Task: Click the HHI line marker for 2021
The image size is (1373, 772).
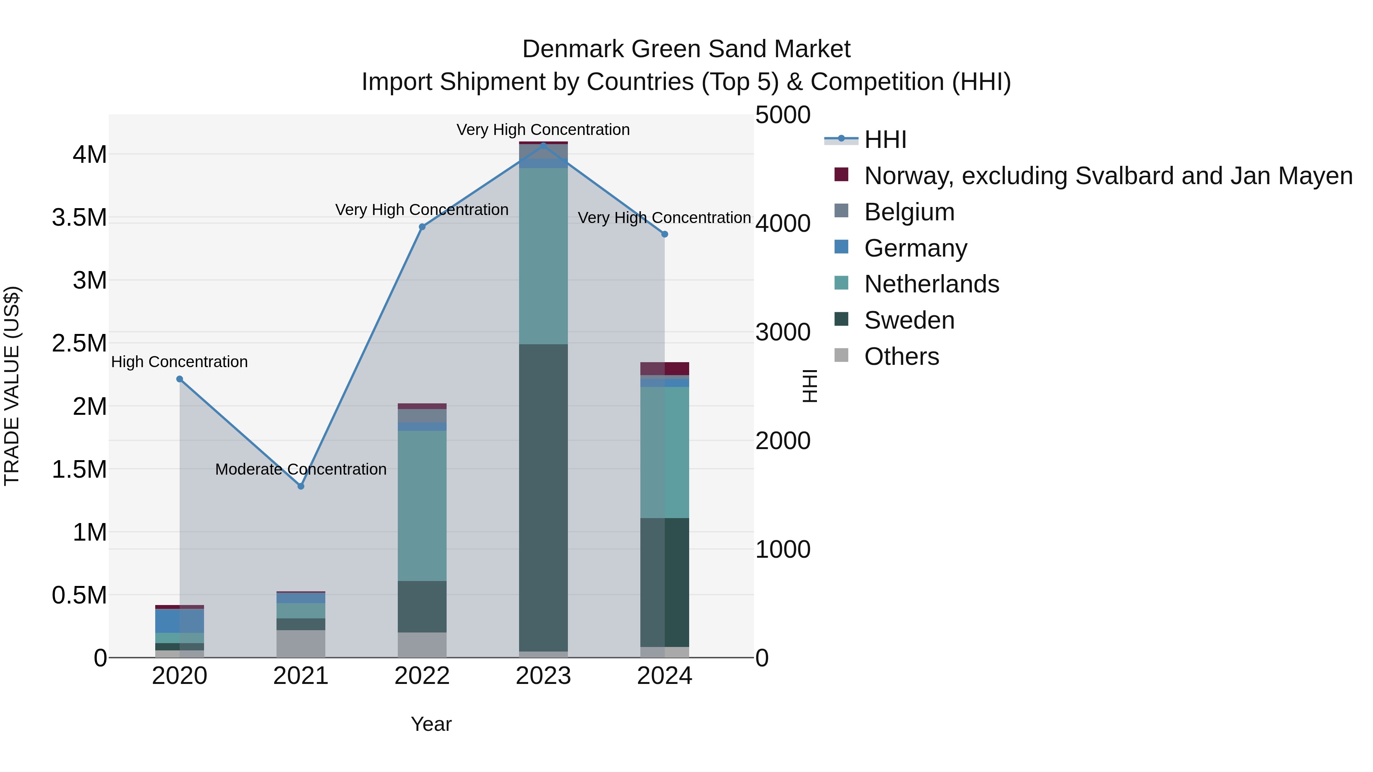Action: coord(301,486)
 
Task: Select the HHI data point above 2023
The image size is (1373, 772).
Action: coord(543,144)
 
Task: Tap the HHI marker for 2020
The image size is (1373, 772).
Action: coord(180,379)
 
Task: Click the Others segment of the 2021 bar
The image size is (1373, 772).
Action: coord(301,644)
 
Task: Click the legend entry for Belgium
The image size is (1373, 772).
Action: coord(909,212)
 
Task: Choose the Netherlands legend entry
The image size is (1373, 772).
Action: coord(931,284)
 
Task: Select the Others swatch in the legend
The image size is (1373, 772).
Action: coord(841,355)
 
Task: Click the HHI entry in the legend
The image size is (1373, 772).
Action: coord(885,140)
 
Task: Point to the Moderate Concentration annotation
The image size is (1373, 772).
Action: coord(301,469)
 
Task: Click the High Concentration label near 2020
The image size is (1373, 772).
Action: coord(179,362)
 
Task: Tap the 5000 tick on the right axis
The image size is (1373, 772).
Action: coord(783,115)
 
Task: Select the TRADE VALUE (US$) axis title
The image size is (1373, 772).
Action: coord(12,386)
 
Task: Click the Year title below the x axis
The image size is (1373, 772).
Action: coord(431,724)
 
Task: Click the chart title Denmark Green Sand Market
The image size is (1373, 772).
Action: coord(686,49)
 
